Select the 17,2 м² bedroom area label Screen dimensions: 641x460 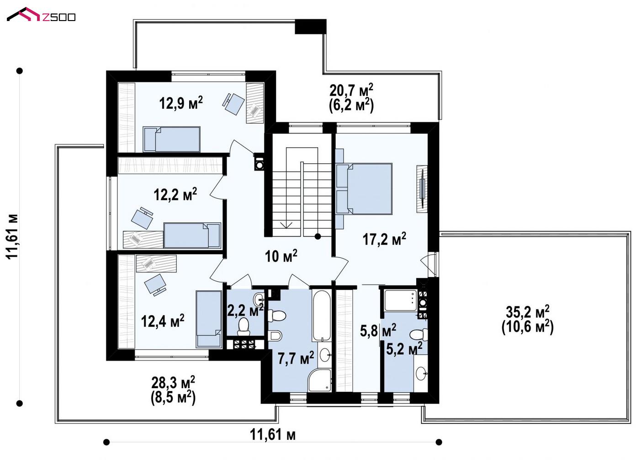(384, 239)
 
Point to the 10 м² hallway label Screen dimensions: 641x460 (281, 256)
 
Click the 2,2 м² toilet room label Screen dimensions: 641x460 (245, 310)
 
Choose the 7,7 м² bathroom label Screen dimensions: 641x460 (296, 358)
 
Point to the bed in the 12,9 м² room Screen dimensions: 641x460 (171, 139)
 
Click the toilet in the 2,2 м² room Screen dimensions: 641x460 (244, 326)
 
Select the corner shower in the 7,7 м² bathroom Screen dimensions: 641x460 (319, 380)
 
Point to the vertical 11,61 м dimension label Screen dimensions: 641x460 (12, 236)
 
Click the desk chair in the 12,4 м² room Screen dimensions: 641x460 (155, 284)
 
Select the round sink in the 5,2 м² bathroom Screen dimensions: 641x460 (421, 373)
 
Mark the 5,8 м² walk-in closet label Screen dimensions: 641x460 (378, 331)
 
